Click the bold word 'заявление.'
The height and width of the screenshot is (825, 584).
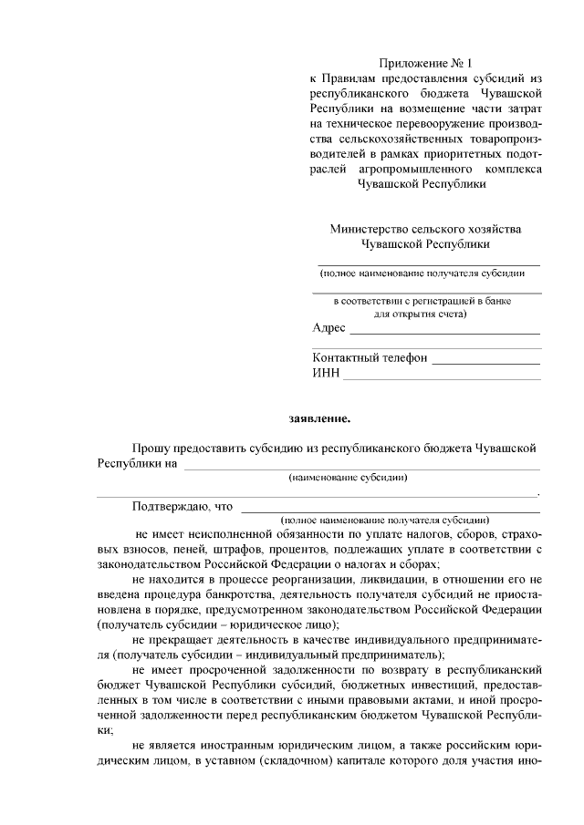pyautogui.click(x=318, y=418)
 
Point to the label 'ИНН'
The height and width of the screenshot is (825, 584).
pyautogui.click(x=326, y=373)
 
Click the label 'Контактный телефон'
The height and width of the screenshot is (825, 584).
pyautogui.click(x=370, y=358)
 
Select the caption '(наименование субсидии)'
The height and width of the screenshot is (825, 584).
pyautogui.click(x=348, y=477)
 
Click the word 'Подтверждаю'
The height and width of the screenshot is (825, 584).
pyautogui.click(x=169, y=506)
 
